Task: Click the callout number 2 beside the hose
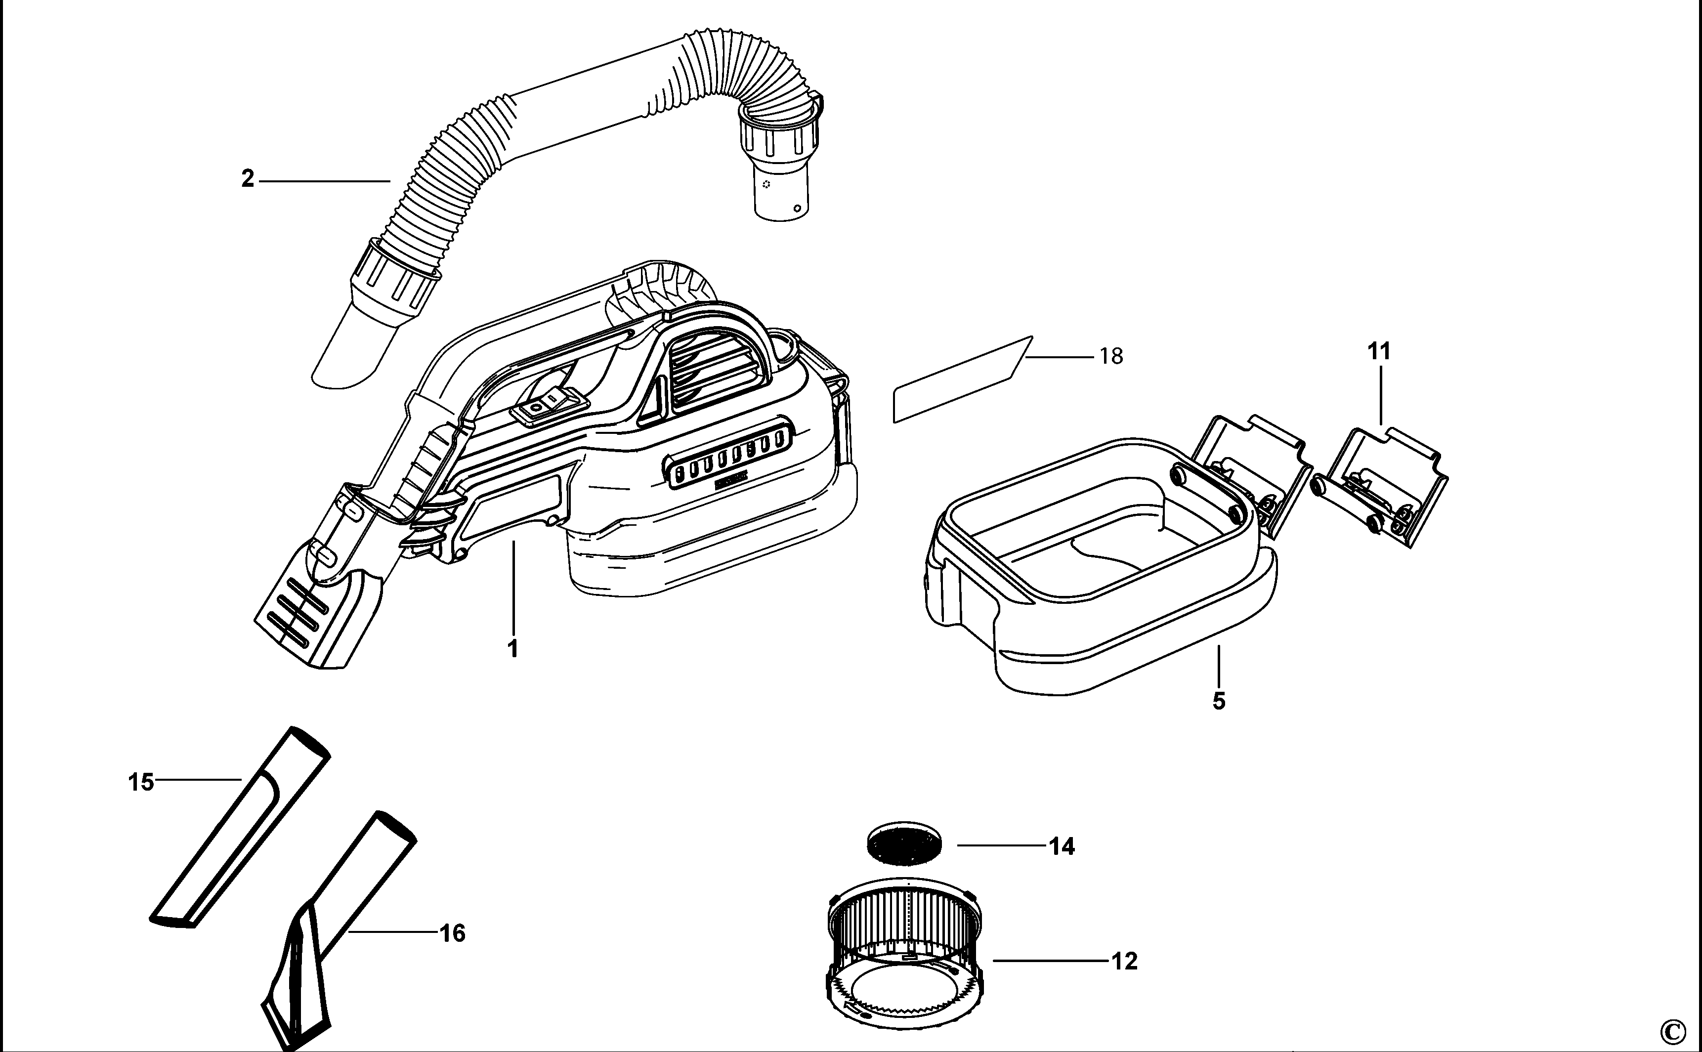248,179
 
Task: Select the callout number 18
1111,356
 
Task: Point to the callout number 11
1379,352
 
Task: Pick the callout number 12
1124,961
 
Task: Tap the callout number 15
140,782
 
